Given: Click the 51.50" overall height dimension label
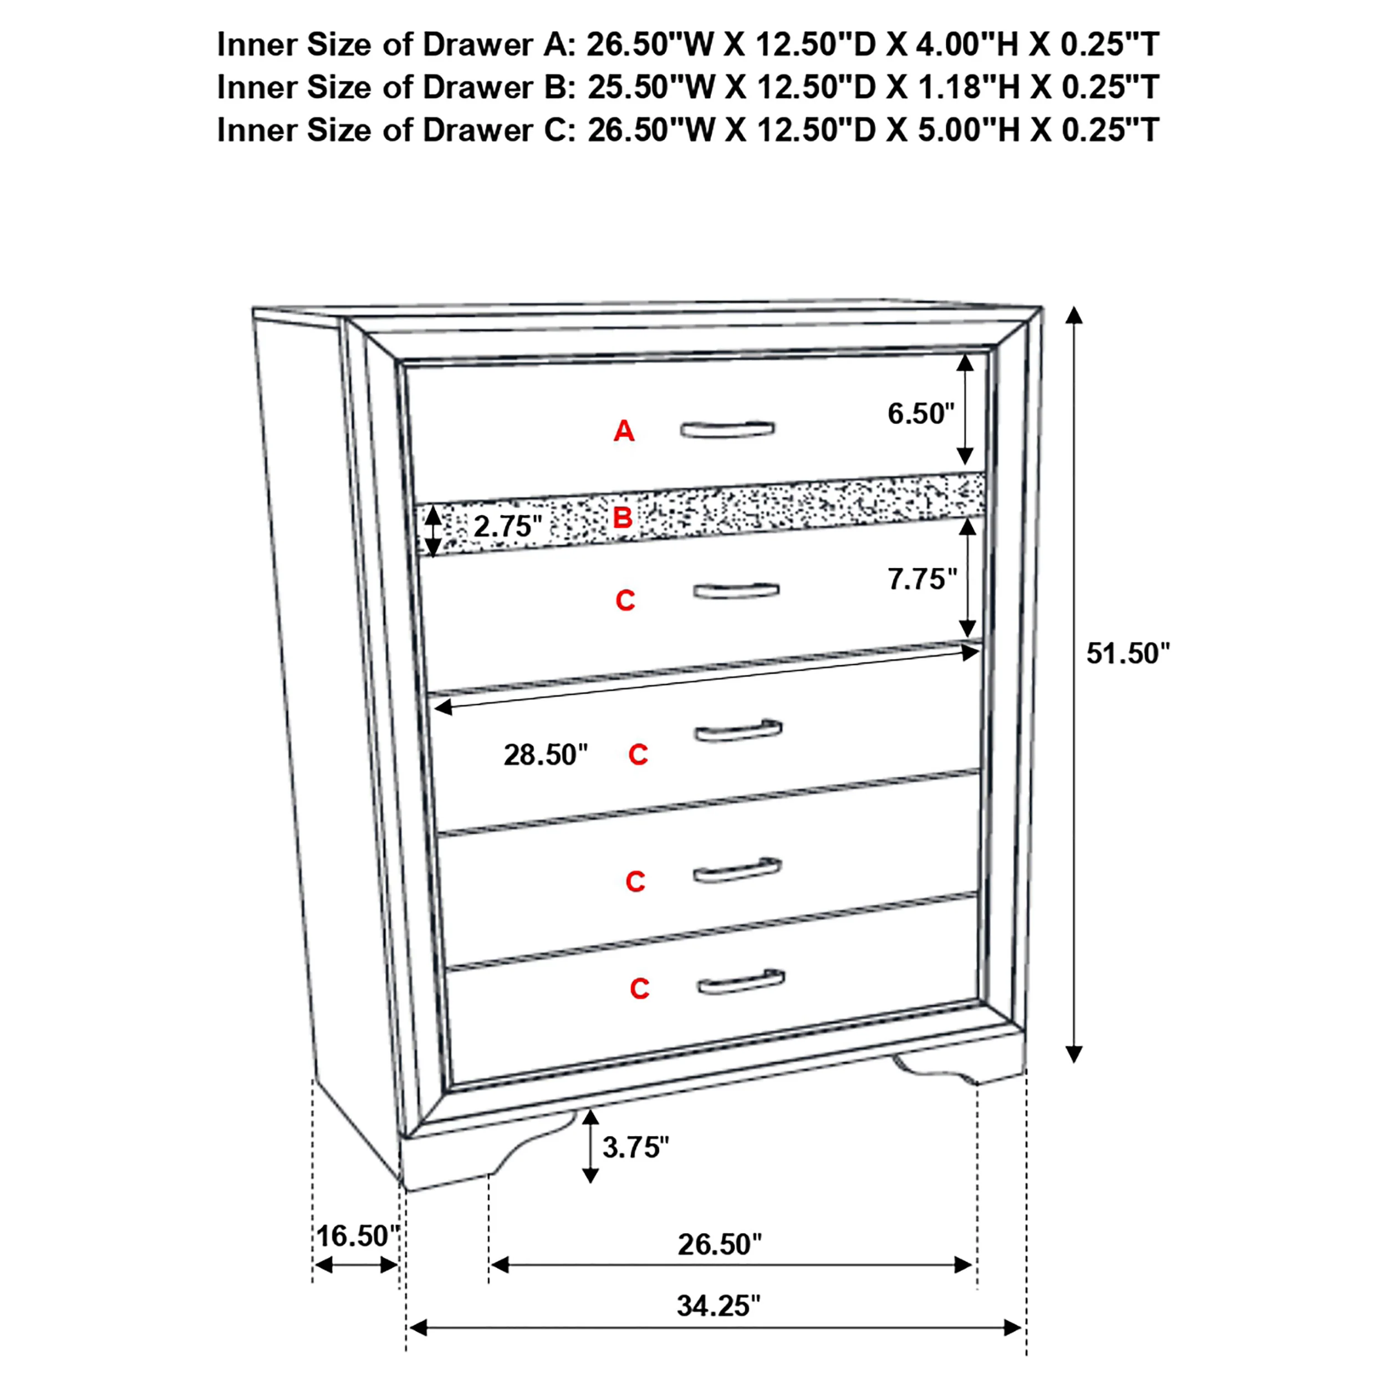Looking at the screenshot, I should (x=1128, y=654).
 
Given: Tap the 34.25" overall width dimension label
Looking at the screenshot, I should (x=718, y=1306).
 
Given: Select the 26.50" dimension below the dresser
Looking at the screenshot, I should (x=720, y=1244).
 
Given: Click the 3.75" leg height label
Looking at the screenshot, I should (x=635, y=1147).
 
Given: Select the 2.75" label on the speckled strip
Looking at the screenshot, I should (x=507, y=527).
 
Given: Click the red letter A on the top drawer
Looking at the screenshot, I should (x=623, y=431).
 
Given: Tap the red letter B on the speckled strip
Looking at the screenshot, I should (x=622, y=517).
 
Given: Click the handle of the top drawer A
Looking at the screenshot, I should (x=727, y=429).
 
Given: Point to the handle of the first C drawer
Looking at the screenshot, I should (x=736, y=590).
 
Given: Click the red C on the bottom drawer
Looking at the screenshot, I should (x=639, y=989).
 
